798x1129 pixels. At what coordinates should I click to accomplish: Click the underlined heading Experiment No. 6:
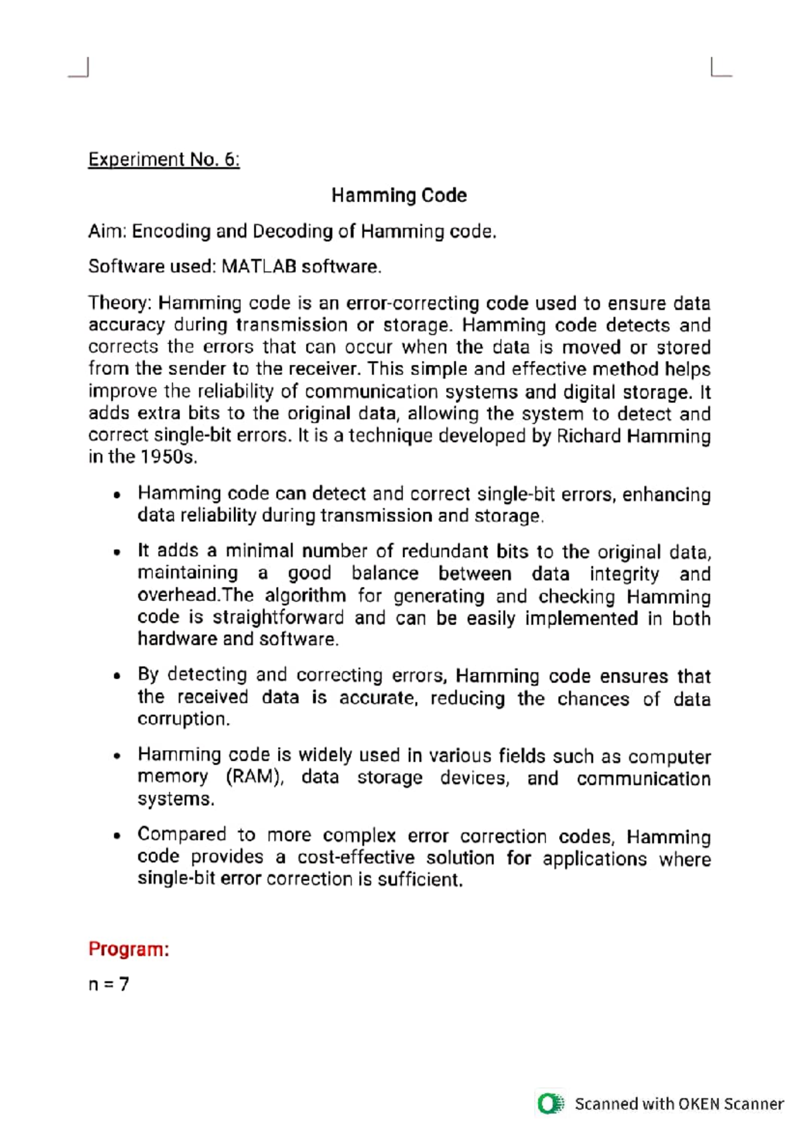[x=164, y=160]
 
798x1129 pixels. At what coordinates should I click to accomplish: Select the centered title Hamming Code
[x=399, y=195]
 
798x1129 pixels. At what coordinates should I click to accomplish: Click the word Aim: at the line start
[x=107, y=231]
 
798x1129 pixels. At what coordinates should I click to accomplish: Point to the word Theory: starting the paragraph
[x=120, y=303]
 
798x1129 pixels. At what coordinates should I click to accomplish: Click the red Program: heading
[x=128, y=949]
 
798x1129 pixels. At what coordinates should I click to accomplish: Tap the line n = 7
[x=108, y=984]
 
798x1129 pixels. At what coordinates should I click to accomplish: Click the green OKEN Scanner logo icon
[x=550, y=1104]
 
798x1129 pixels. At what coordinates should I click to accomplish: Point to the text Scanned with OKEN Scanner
[x=678, y=1104]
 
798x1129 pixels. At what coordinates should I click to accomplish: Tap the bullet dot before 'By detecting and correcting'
[x=117, y=676]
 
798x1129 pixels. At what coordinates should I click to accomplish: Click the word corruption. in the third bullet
[x=184, y=719]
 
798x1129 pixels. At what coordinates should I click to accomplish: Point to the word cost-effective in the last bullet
[x=356, y=858]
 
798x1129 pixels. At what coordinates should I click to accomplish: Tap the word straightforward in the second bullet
[x=278, y=618]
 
